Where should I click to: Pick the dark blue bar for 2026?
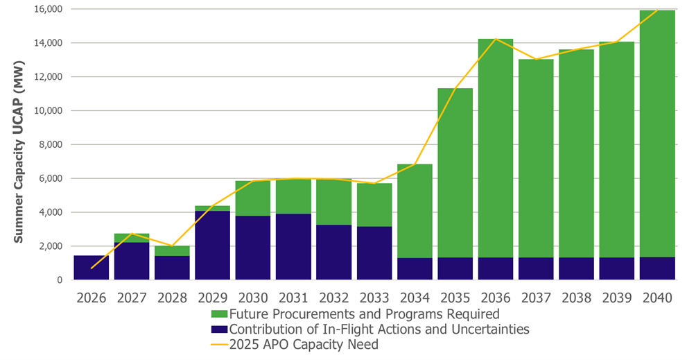(92, 268)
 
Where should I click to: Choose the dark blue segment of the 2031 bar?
(293, 246)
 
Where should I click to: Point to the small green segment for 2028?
(172, 250)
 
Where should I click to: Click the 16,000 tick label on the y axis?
(44, 9)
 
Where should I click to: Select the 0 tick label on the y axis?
(60, 280)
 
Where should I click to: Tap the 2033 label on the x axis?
(374, 298)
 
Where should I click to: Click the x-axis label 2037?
(536, 298)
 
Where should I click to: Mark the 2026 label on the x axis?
(92, 298)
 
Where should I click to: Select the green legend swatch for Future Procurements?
(220, 314)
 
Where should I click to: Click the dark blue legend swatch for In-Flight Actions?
(220, 329)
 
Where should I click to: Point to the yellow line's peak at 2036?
(495, 39)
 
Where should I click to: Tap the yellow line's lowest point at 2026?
(92, 268)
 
